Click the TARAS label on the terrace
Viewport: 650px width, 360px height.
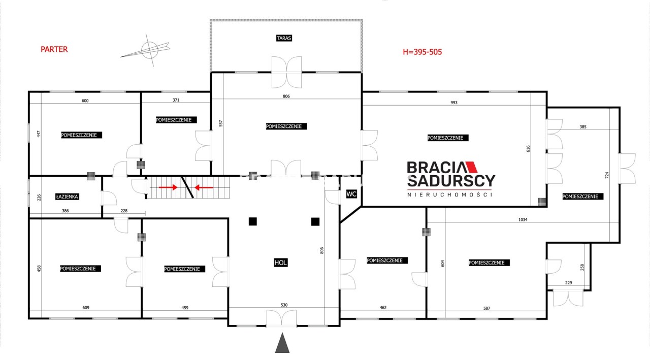pos(284,38)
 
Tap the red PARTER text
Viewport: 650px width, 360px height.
pos(54,49)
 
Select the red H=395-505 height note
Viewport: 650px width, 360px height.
pos(422,52)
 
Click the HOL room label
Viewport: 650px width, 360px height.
pos(281,263)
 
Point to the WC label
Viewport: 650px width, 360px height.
pos(351,194)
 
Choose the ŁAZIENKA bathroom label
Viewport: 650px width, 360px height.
pos(67,197)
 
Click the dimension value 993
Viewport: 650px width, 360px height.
pos(454,103)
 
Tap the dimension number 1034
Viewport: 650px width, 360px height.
pos(523,219)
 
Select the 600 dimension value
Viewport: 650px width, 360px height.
pos(85,101)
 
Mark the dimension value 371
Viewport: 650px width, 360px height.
pos(176,100)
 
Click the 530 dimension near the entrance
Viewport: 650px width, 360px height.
pos(284,305)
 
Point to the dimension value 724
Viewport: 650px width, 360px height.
pos(607,175)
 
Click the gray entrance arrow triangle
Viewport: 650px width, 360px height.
pos(282,343)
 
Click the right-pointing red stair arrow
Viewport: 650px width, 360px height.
pos(168,187)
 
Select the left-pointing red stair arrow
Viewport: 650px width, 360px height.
pos(204,188)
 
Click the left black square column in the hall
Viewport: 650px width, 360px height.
pos(253,221)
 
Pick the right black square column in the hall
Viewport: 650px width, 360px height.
pos(315,221)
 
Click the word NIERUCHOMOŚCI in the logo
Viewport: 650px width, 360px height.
pos(450,194)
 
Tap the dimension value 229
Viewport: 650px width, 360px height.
pos(568,282)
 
